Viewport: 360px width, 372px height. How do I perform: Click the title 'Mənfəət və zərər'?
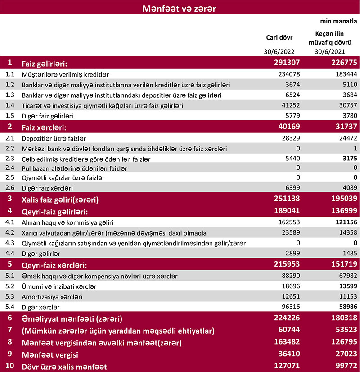180,8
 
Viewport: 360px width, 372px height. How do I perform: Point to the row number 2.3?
10,159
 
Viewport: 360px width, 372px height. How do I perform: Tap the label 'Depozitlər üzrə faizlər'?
54,138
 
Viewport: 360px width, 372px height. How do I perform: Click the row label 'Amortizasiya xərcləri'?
52,297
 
